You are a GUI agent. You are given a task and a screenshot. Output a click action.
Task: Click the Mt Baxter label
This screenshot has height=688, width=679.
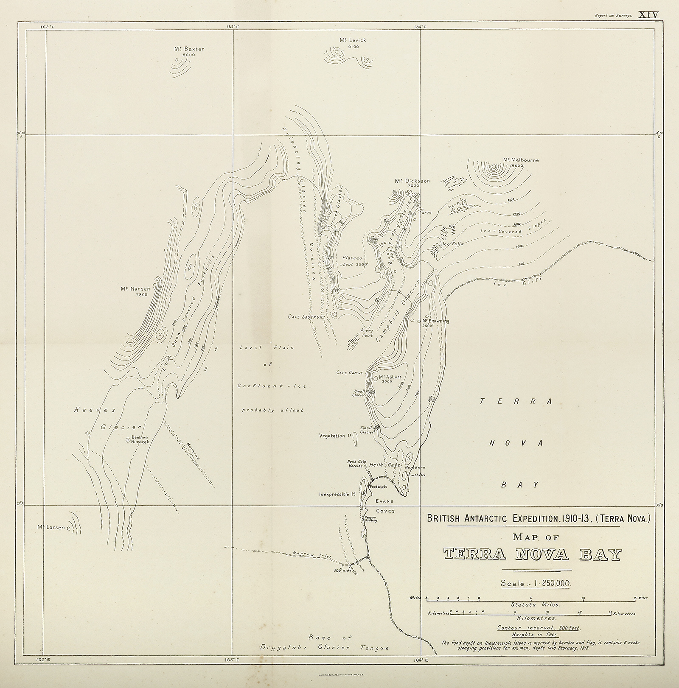coord(189,49)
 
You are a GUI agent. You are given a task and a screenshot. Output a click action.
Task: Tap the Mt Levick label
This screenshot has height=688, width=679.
coord(352,40)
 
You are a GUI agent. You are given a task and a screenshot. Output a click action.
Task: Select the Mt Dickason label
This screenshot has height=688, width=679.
coord(412,181)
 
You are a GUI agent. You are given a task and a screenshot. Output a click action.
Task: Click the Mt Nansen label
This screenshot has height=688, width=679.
coord(135,289)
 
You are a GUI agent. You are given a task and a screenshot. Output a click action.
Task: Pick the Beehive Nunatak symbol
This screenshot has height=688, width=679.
coord(128,441)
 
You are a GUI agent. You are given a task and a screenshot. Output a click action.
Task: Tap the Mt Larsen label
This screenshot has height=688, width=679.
coord(51,528)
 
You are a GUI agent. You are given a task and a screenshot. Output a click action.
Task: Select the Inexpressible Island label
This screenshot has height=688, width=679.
coord(337,494)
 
